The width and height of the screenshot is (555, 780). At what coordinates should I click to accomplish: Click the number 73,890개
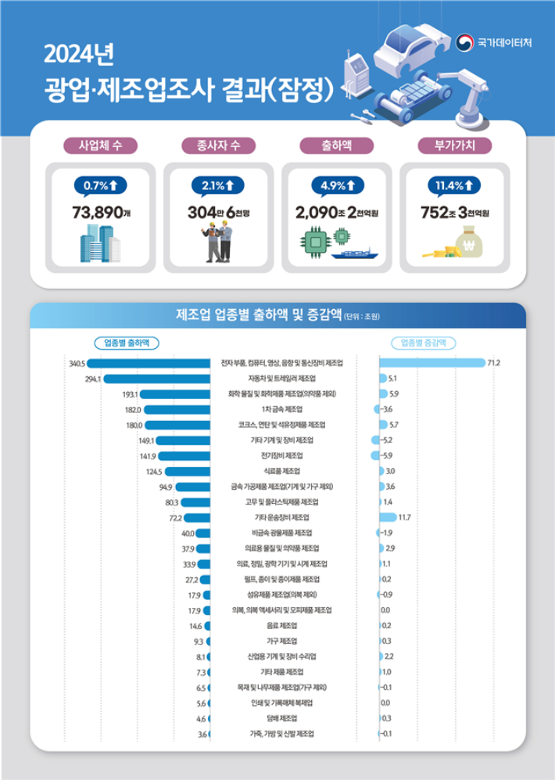click(102, 212)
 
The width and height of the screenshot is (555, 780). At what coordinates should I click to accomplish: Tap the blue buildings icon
click(99, 245)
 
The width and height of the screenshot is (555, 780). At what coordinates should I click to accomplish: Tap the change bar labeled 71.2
click(431, 363)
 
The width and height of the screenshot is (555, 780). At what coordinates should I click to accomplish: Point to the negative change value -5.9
click(389, 455)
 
